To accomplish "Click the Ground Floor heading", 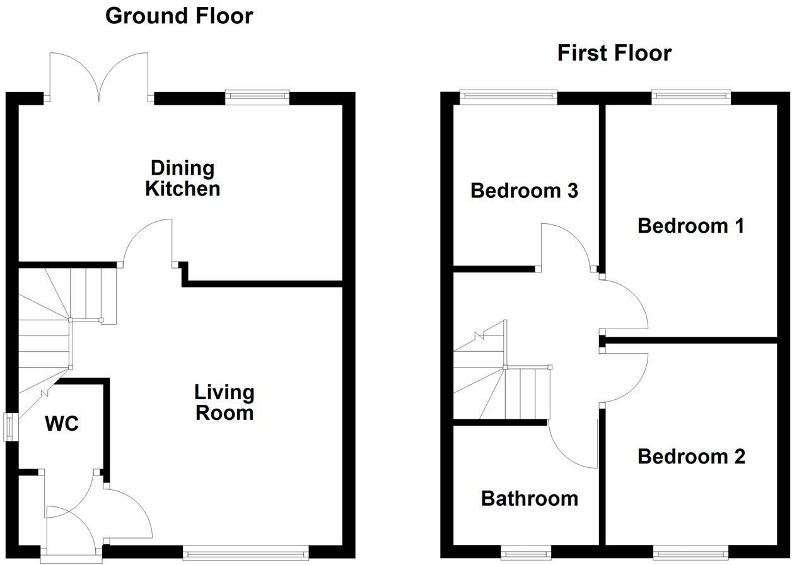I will pyautogui.click(x=179, y=16).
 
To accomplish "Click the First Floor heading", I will pyautogui.click(x=614, y=53).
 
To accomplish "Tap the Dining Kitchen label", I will pyautogui.click(x=182, y=178).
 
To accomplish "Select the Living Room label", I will pyautogui.click(x=224, y=402).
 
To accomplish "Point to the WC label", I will pyautogui.click(x=62, y=424).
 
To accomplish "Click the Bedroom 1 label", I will pyautogui.click(x=690, y=225).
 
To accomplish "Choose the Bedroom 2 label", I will pyautogui.click(x=691, y=456).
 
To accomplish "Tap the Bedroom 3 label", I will pyautogui.click(x=524, y=190).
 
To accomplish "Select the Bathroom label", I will pyautogui.click(x=529, y=498).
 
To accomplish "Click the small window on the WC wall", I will pyautogui.click(x=11, y=426).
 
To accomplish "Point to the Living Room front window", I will pyautogui.click(x=246, y=553).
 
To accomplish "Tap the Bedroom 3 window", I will pyautogui.click(x=508, y=96).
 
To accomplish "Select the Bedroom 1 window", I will pyautogui.click(x=691, y=96).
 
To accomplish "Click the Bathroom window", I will pyautogui.click(x=526, y=554).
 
